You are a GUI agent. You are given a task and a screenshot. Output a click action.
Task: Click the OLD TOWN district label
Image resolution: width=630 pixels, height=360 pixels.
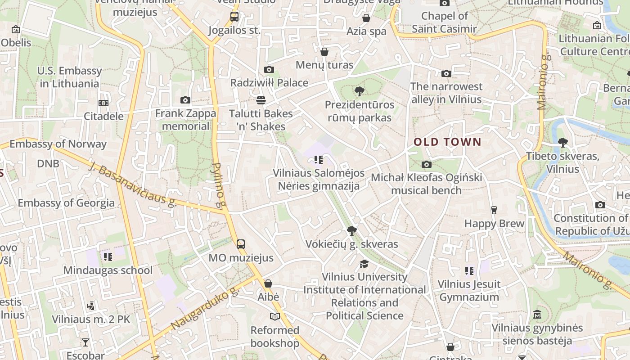447,142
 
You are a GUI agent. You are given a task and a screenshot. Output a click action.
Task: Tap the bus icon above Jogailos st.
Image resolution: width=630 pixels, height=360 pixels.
234,17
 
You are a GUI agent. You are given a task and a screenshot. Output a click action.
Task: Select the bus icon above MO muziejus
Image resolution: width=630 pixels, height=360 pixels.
241,244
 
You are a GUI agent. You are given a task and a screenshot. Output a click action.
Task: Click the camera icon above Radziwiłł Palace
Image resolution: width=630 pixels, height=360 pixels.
269,69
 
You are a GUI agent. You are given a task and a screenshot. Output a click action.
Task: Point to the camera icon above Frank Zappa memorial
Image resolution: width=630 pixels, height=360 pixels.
185,100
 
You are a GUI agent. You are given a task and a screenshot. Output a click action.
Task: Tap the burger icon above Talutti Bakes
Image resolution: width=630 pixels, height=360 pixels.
261,100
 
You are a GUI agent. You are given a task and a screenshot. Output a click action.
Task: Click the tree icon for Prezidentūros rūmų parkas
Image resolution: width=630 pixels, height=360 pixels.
359,91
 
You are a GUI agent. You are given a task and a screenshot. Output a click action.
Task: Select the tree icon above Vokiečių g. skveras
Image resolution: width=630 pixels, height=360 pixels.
352,231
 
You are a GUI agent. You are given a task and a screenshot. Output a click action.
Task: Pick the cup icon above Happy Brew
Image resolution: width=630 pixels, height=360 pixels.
494,210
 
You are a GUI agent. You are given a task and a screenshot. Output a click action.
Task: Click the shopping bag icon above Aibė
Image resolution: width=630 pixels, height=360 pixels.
268,283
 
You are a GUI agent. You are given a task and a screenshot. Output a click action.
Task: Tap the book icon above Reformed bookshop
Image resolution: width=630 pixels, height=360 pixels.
274,316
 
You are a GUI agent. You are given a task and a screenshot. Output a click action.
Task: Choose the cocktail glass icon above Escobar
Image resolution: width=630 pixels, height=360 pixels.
85,342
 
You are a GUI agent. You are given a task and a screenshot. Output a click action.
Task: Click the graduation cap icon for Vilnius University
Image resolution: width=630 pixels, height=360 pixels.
364,264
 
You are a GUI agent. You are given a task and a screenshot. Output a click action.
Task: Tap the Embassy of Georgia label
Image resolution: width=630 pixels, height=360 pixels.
66,202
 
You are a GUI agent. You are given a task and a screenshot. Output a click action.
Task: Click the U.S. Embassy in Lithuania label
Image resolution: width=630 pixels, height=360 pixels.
69,77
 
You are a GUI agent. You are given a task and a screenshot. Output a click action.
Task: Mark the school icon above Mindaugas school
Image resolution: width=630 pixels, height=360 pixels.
108,257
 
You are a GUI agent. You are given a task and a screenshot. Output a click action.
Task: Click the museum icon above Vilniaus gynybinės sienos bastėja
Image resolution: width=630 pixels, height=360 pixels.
537,315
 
